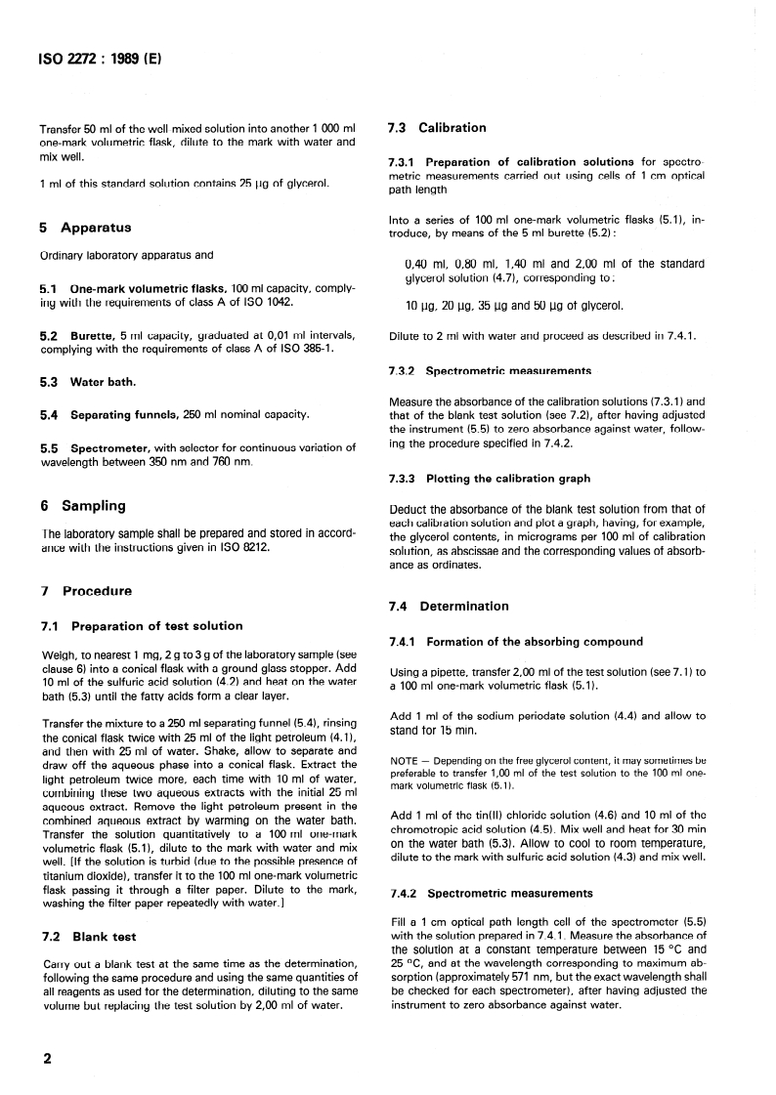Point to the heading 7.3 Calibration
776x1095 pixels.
(437, 127)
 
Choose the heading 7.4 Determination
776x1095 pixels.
(449, 606)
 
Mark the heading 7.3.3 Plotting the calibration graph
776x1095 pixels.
(489, 479)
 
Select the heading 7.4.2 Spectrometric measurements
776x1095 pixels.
(491, 893)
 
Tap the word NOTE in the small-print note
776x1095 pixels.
(403, 759)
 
